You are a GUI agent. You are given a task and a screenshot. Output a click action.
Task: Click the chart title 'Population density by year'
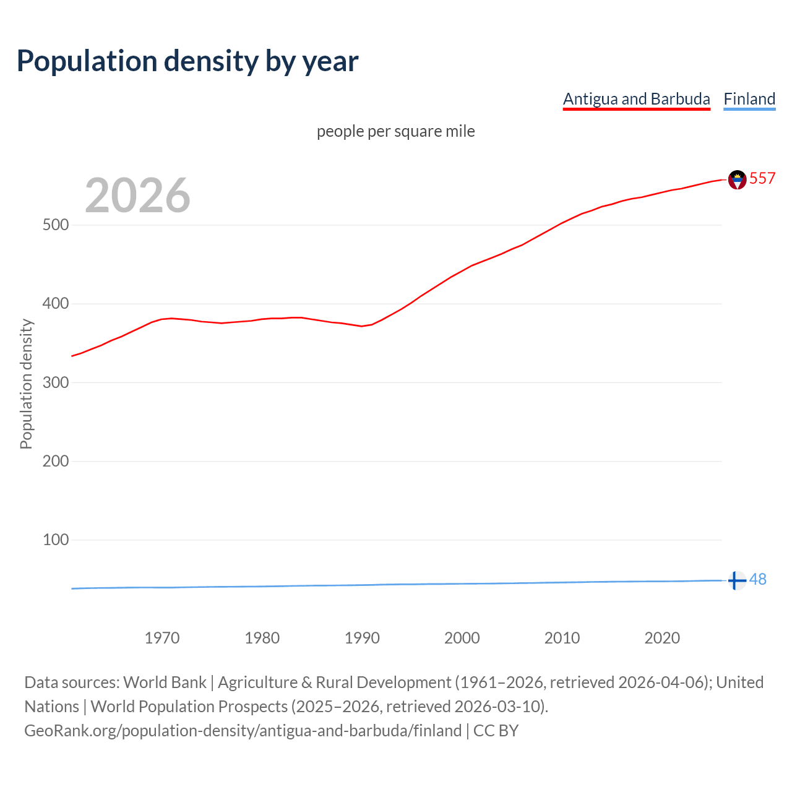(x=187, y=61)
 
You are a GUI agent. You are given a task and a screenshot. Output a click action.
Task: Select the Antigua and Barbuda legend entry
(x=636, y=99)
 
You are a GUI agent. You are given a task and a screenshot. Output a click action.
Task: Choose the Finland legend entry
(x=749, y=99)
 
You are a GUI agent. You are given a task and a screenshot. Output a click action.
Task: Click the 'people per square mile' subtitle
(x=395, y=131)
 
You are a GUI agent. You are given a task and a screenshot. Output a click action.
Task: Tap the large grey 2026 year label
(x=137, y=196)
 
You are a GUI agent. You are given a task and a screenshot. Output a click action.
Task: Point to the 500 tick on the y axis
(x=55, y=225)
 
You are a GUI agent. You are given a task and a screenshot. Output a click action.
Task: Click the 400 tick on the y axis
(x=55, y=304)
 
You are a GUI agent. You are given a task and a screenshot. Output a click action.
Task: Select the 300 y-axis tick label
(x=55, y=382)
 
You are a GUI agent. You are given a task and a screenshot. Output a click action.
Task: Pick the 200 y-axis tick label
(x=55, y=461)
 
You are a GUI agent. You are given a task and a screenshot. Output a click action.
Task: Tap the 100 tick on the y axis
(x=55, y=540)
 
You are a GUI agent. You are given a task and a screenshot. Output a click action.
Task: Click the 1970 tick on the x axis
(x=162, y=638)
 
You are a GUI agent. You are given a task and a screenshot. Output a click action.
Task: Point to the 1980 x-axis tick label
(x=262, y=638)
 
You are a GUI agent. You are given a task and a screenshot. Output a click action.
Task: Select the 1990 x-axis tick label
(x=362, y=638)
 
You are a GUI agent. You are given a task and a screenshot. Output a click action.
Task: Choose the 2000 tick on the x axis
(x=462, y=638)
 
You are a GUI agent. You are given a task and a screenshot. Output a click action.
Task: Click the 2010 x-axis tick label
(x=562, y=638)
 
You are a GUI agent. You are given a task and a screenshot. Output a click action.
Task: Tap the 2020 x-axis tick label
(x=662, y=638)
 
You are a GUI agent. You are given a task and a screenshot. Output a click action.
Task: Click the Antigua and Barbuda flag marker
(x=737, y=179)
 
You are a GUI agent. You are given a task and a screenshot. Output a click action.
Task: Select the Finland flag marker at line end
(x=736, y=580)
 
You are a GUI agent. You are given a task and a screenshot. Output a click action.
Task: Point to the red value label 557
(x=762, y=178)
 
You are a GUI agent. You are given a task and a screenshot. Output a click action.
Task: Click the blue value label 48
(x=758, y=579)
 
